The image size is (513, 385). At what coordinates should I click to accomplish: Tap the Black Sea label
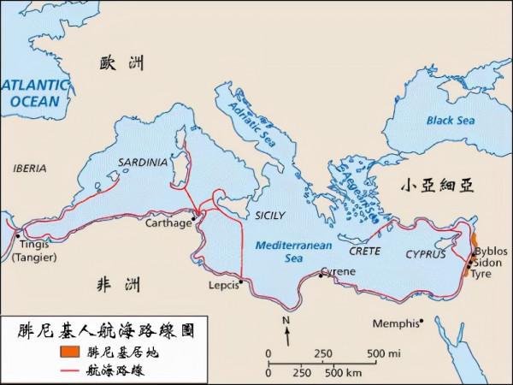pos(450,121)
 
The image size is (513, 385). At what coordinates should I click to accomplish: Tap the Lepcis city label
pos(223,287)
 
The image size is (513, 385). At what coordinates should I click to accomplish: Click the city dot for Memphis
pos(421,323)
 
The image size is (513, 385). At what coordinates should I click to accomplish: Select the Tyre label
pos(483,275)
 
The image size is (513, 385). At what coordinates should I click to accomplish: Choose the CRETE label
pos(364,251)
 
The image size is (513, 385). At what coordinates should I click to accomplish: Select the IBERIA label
pos(30,169)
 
